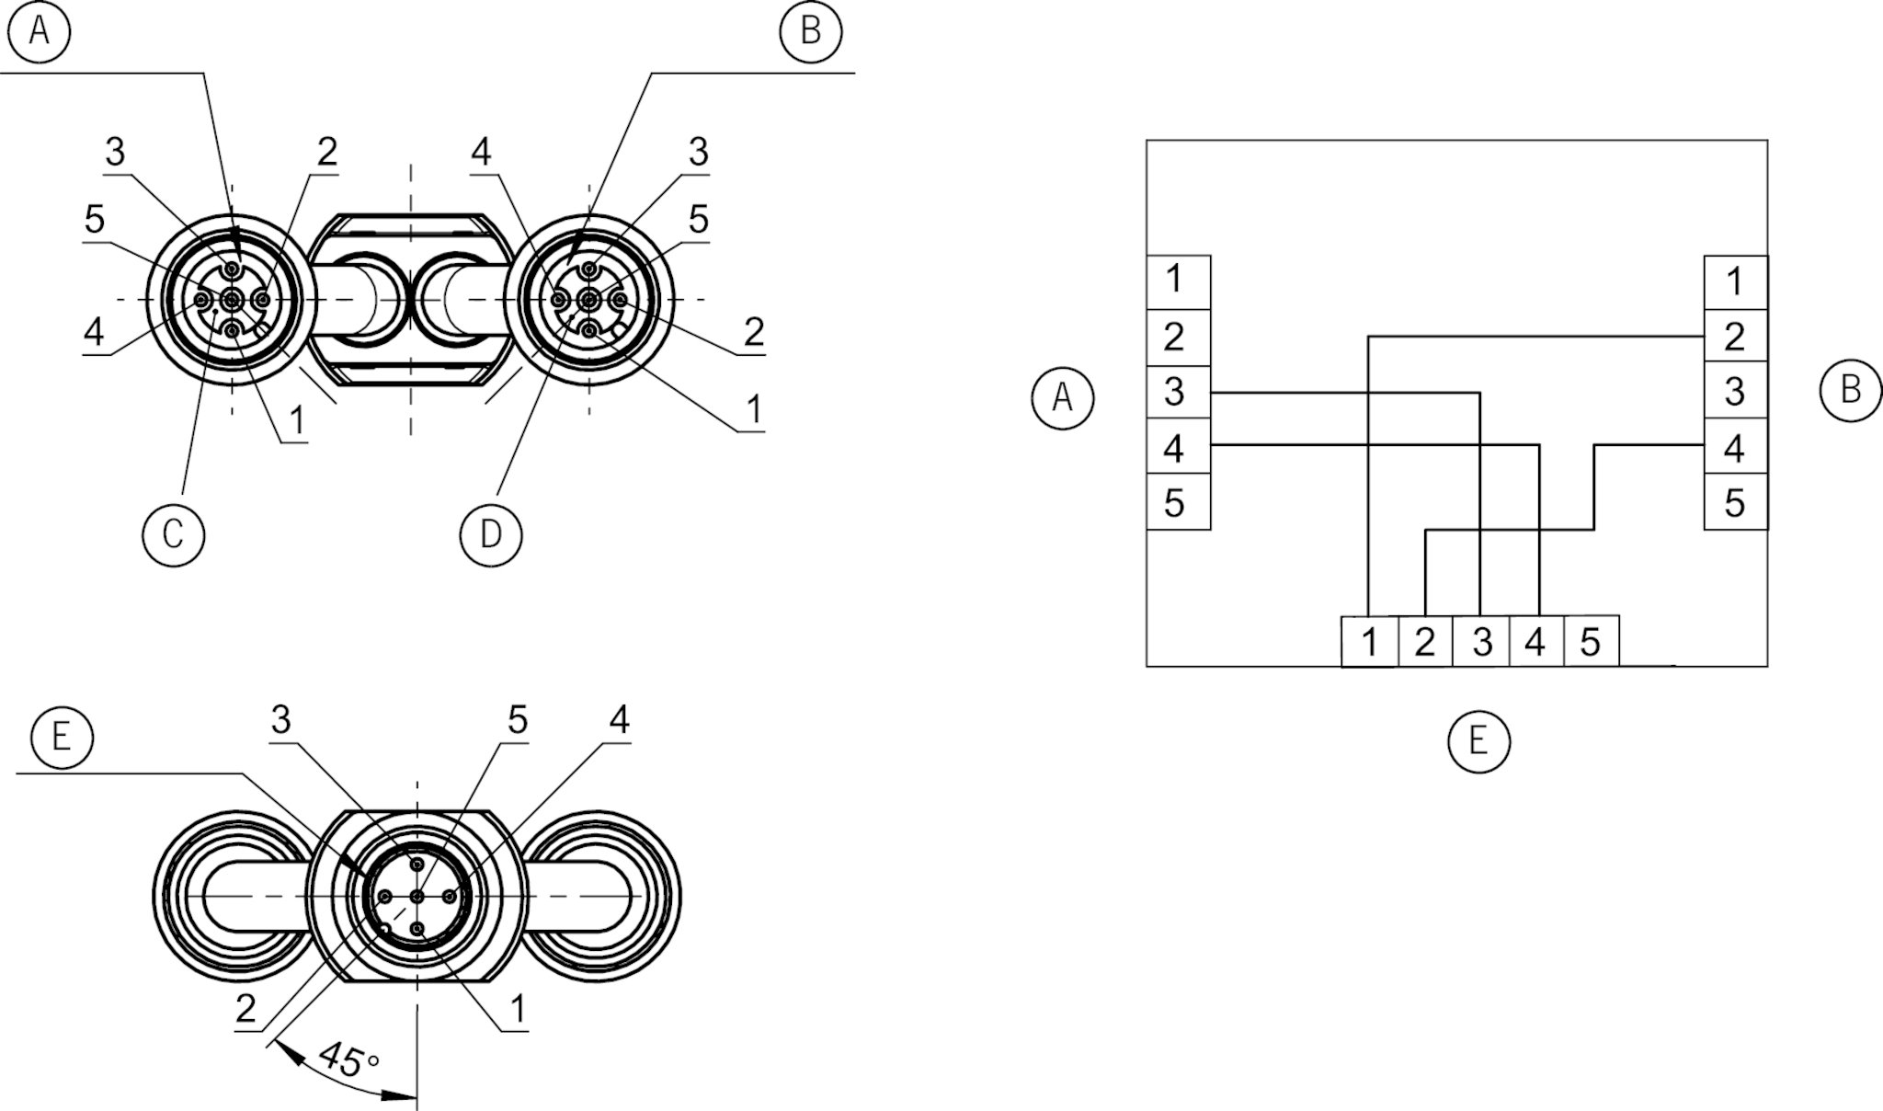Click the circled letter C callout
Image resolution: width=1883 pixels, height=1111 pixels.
(173, 534)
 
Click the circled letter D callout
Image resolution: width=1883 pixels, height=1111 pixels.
(490, 534)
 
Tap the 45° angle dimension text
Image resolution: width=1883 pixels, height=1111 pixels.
(348, 1060)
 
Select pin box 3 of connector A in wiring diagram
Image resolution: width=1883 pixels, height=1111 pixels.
(1177, 392)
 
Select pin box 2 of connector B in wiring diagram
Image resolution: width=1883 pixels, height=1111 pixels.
(1735, 337)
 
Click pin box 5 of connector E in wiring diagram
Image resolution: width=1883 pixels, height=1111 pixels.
(1591, 641)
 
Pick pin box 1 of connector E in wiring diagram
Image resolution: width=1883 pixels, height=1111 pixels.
(1370, 641)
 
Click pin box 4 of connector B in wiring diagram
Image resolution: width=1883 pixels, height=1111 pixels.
(1735, 448)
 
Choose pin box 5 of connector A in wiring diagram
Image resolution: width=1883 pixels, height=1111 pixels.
(1177, 503)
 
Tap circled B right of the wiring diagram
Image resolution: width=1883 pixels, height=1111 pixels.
(1850, 390)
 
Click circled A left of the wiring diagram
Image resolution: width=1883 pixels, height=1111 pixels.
(1062, 398)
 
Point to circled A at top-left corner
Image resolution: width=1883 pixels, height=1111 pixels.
(39, 31)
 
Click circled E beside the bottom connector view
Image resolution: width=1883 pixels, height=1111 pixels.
(61, 737)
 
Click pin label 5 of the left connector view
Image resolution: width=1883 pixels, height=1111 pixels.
(95, 221)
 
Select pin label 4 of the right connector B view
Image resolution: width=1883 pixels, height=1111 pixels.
(481, 153)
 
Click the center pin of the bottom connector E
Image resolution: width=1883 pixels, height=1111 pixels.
(417, 897)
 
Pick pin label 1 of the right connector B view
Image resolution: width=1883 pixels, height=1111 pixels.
(754, 410)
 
